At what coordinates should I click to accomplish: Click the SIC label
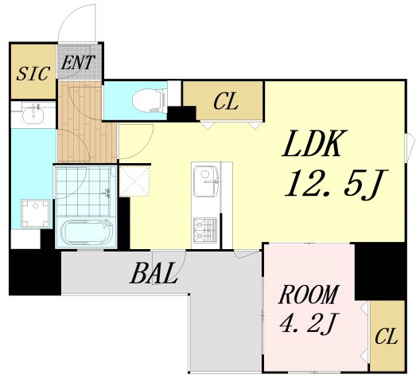[33, 73]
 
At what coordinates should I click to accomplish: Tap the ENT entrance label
[77, 62]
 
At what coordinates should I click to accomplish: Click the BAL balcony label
[154, 273]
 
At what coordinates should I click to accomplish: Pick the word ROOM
[309, 294]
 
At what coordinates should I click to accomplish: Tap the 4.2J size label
[308, 323]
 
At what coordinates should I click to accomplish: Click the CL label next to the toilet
[225, 101]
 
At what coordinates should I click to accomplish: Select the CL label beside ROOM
[386, 336]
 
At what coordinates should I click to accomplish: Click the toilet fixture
[150, 100]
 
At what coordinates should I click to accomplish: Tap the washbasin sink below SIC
[33, 115]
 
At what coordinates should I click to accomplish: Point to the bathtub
[86, 232]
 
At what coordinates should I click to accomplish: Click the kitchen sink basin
[206, 181]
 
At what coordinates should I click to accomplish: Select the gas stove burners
[205, 230]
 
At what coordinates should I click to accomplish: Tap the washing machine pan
[35, 213]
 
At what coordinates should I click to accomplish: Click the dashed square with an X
[134, 181]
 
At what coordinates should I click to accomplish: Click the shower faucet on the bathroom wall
[107, 193]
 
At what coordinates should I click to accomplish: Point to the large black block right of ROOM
[380, 271]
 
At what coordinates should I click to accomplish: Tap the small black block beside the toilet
[181, 114]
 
